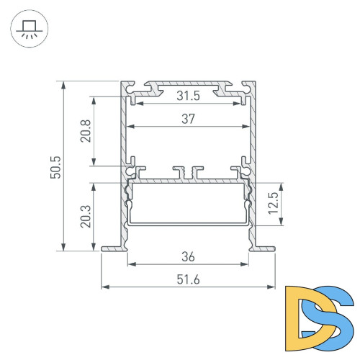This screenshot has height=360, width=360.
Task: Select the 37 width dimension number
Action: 188,120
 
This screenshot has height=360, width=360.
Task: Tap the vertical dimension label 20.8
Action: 86,132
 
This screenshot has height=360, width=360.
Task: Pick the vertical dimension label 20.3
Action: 86,215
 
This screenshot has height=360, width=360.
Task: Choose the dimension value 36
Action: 188,256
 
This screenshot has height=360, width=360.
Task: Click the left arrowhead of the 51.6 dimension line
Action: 104,287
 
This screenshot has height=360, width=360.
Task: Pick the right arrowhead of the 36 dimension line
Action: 246,264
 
